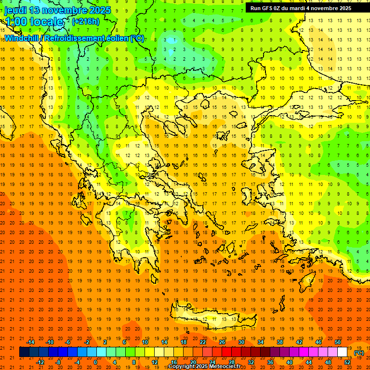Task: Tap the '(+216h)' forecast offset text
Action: click(86, 21)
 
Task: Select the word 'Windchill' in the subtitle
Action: click(23, 38)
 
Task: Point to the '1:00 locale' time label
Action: click(34, 22)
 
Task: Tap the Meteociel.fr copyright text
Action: click(204, 367)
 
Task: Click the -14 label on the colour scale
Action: click(31, 342)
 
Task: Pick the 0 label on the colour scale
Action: click(95, 362)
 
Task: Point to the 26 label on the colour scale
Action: click(222, 342)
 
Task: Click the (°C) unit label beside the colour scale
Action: click(359, 353)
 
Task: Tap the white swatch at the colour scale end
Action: click(342, 352)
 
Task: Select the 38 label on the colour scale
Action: click(279, 342)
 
